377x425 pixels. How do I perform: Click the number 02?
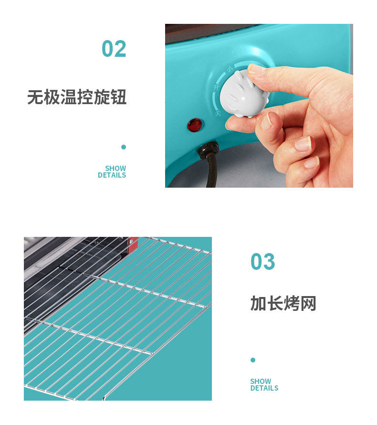tap(114, 49)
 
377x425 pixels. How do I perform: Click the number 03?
tap(263, 262)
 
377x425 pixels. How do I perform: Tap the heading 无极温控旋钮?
tap(77, 97)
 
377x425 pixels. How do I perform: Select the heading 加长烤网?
tap(283, 303)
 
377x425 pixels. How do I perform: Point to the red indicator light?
tap(195, 125)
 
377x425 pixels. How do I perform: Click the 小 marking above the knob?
tap(230, 69)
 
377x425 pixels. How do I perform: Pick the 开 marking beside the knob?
tap(216, 87)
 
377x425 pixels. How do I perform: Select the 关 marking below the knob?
tap(218, 113)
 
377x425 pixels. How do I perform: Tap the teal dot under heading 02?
tap(124, 147)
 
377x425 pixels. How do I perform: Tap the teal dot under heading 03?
tap(253, 360)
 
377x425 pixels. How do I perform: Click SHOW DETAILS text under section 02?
tap(112, 171)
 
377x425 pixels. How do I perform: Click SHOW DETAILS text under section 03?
tap(264, 384)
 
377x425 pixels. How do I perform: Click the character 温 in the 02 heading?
tap(69, 97)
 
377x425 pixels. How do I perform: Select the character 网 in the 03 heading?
tap(308, 303)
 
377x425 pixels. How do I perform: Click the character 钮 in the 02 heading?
tap(119, 97)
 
